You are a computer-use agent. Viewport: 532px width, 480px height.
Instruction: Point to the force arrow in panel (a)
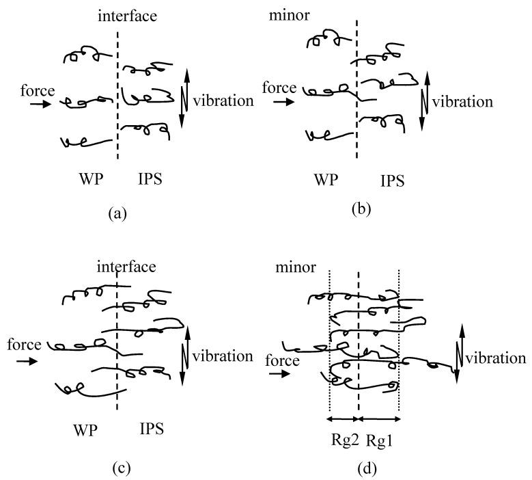point(40,104)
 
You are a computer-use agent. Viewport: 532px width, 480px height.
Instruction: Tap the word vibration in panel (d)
point(496,358)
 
